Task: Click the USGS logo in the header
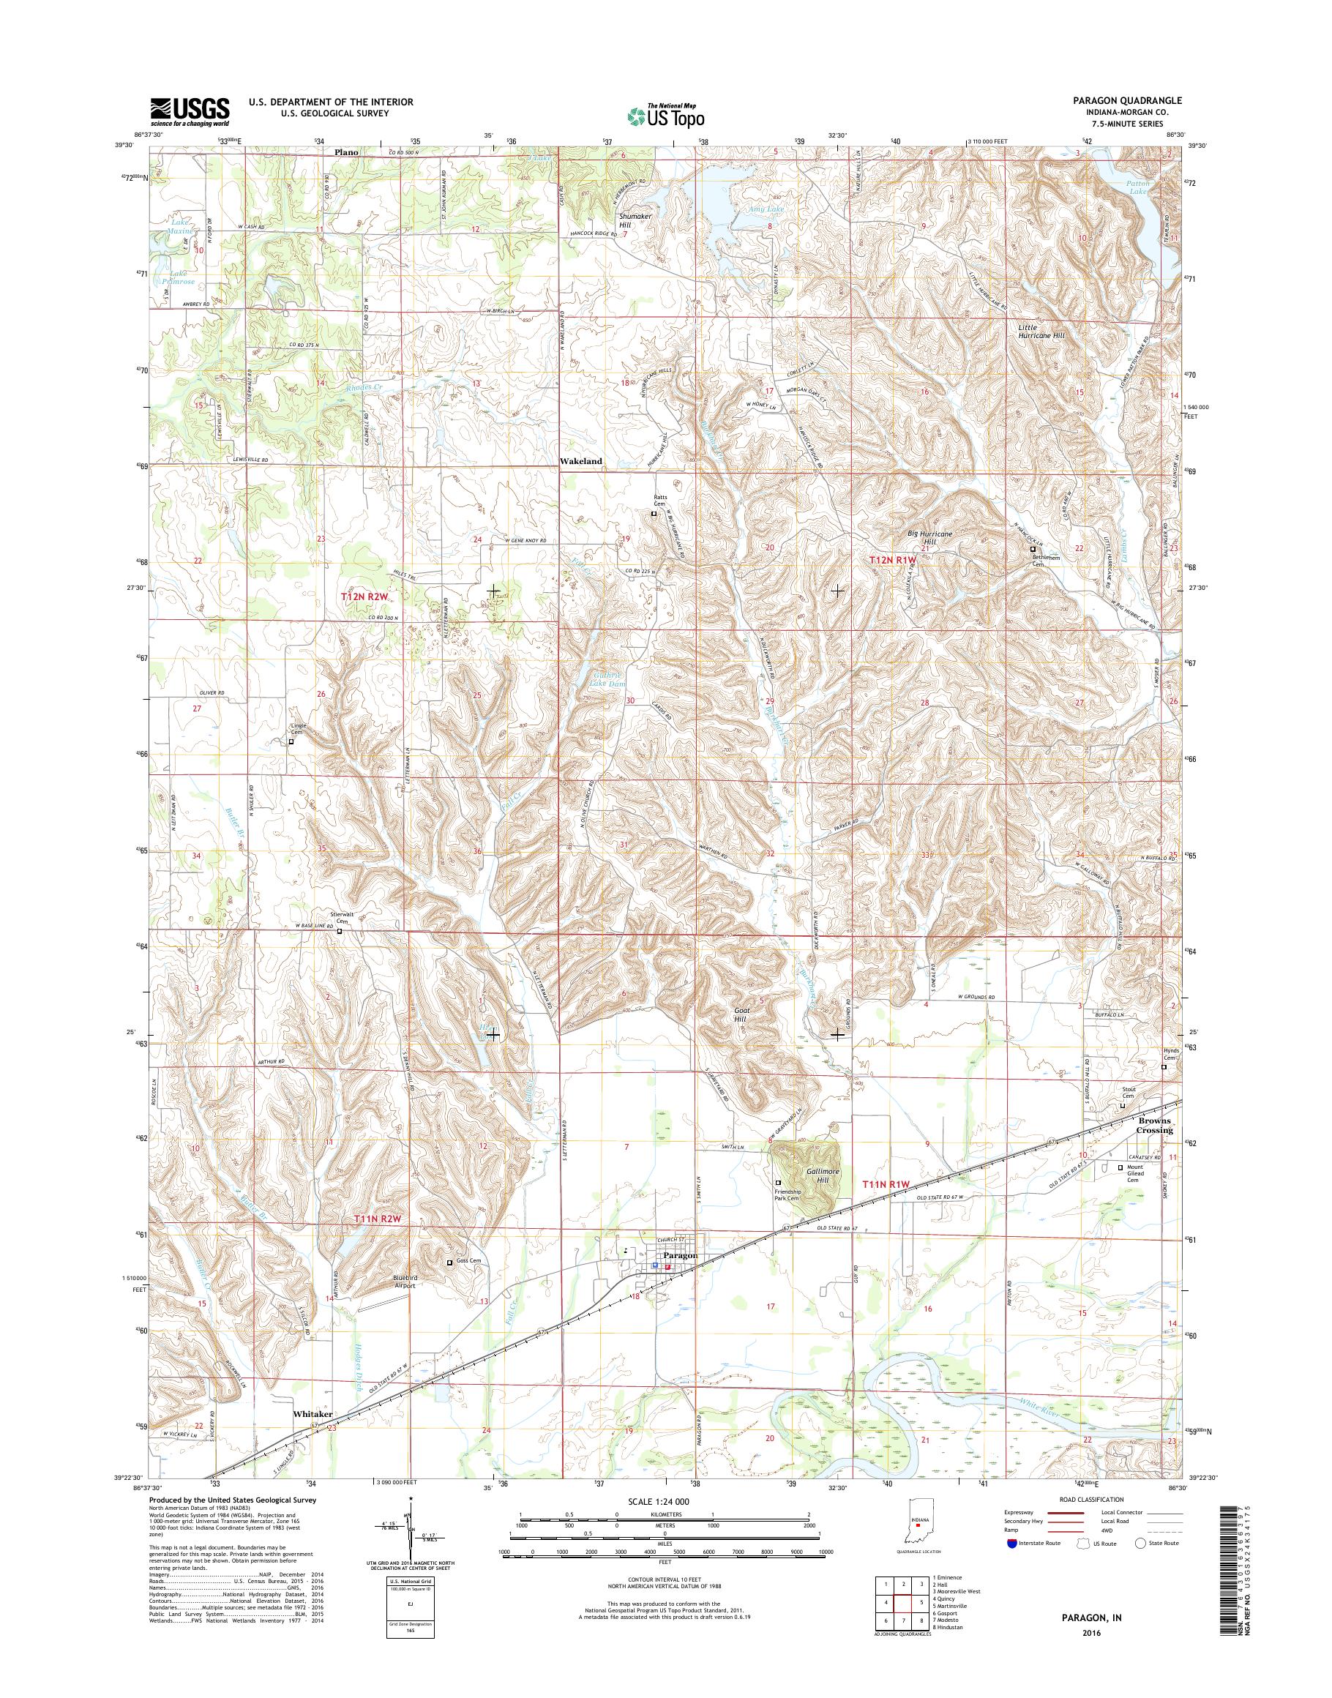(x=190, y=111)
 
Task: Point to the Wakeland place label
(x=581, y=462)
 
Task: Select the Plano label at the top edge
(x=346, y=152)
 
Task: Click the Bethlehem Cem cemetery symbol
(x=1033, y=549)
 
